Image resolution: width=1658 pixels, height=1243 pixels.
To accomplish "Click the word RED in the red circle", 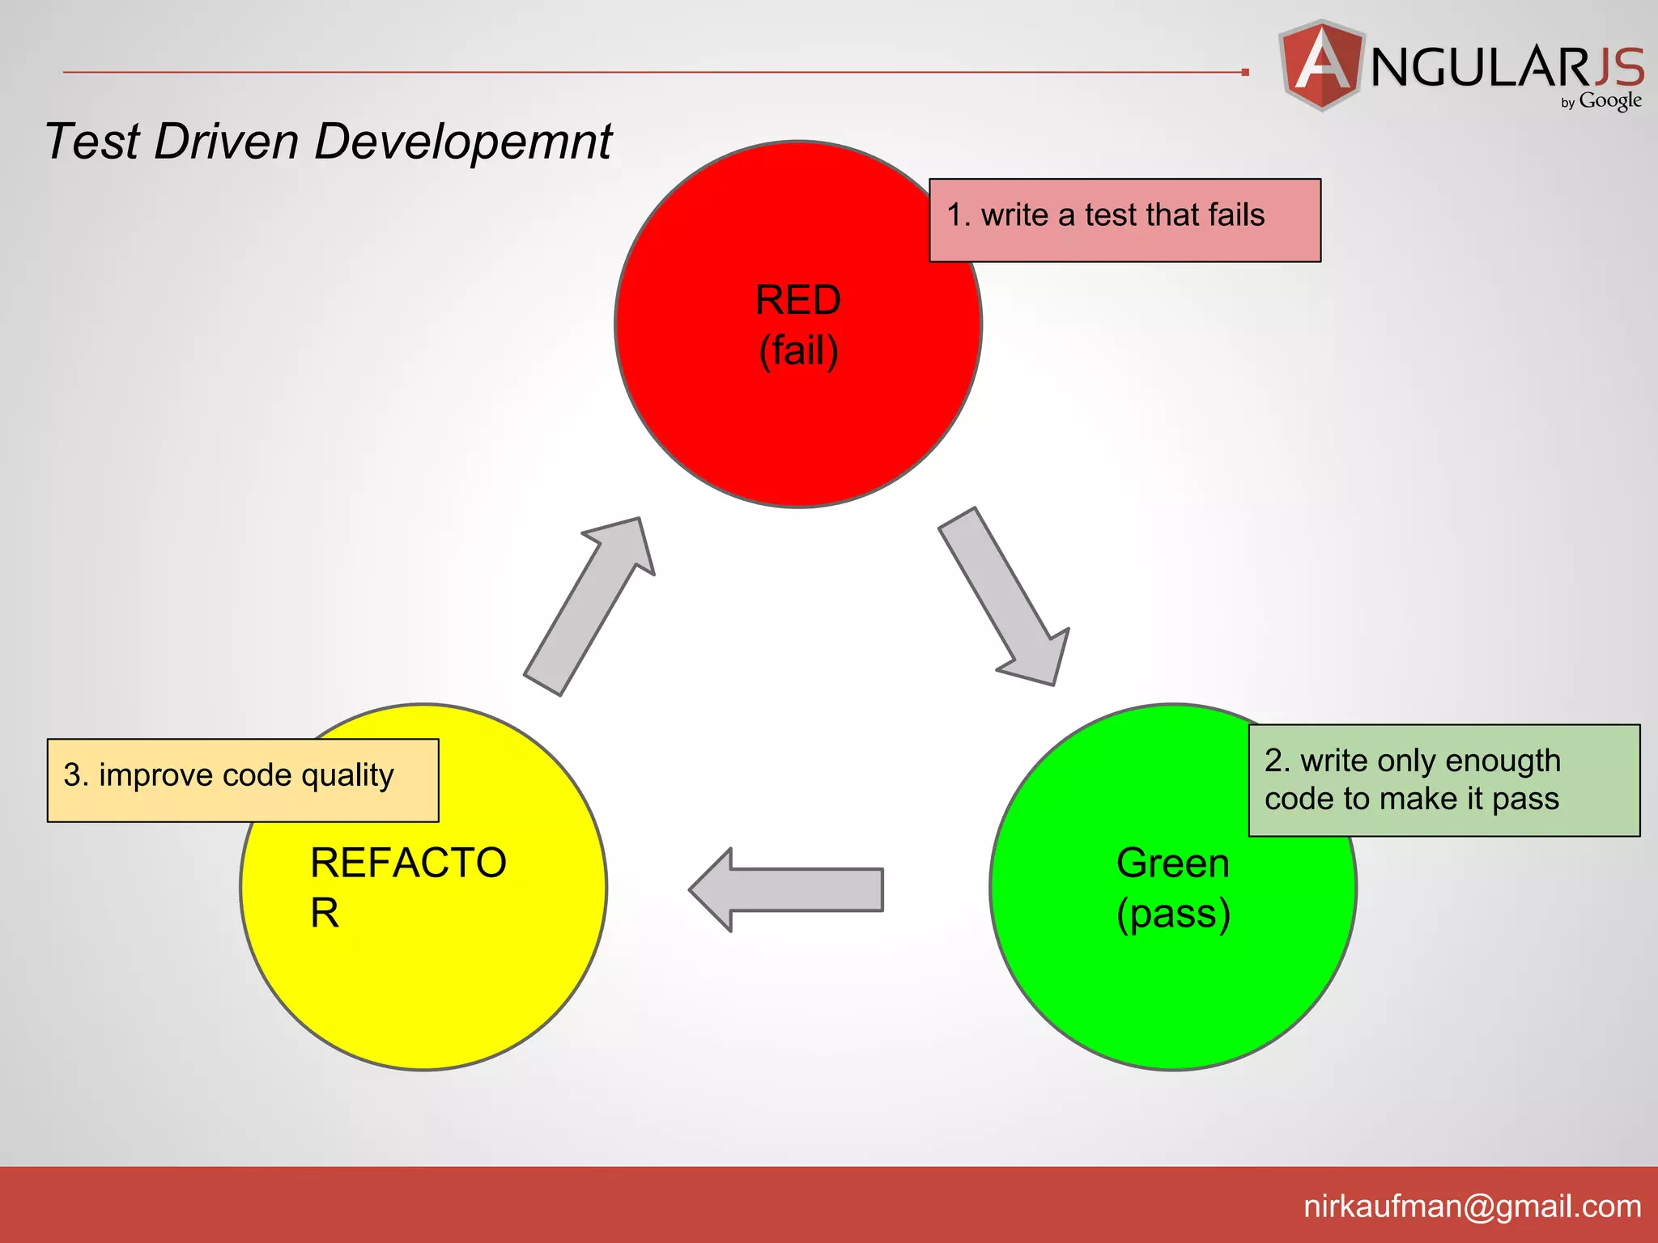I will pos(797,300).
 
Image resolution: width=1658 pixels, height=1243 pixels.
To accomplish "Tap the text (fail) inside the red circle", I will pos(798,350).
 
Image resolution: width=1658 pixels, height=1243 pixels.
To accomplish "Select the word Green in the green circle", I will pos(1172,863).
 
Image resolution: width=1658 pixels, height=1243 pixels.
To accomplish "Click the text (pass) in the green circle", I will pos(1173,914).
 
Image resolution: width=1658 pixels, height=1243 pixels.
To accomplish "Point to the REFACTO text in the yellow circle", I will pos(408,863).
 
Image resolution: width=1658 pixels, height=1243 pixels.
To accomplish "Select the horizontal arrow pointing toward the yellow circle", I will pos(785,889).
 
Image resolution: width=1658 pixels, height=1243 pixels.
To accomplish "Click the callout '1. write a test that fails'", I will pos(1124,220).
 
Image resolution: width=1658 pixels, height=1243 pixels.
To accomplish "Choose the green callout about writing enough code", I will pos(1443,780).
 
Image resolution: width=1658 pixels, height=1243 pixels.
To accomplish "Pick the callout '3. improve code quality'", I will pos(243,780).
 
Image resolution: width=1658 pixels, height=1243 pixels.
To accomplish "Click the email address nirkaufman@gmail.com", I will pos(1472,1207).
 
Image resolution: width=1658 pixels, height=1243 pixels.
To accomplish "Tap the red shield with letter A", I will pos(1321,65).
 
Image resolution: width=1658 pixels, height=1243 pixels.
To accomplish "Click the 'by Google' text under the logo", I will pos(1601,101).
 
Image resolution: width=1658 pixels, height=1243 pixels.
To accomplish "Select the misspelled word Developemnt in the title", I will pos(462,142).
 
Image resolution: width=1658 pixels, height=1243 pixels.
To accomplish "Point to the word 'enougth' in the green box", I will pos(1503,761).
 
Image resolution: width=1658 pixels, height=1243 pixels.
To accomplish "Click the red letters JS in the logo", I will pos(1618,66).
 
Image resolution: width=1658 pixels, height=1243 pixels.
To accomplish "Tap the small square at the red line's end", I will pos(1245,72).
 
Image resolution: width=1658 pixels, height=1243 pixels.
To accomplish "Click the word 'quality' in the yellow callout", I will pos(347,776).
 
